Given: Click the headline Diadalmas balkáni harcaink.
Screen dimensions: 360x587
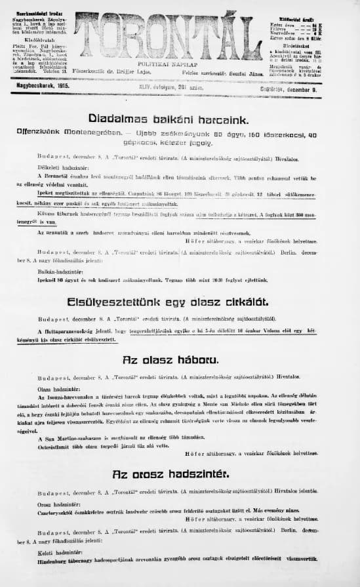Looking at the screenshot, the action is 181,119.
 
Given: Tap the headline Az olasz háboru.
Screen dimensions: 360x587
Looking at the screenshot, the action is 180,359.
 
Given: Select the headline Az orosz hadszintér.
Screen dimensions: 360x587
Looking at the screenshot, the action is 180,474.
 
